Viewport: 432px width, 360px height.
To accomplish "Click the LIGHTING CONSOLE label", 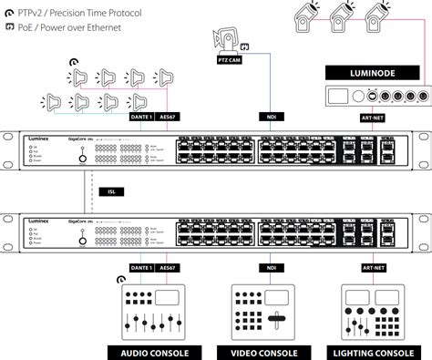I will point(374,351).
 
